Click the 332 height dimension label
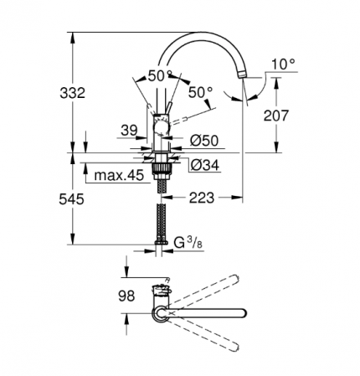tap(72, 93)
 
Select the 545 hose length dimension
tap(71, 199)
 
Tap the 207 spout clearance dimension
tap(276, 116)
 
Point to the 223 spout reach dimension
tap(202, 198)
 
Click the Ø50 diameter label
tap(204, 141)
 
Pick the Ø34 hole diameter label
tap(205, 165)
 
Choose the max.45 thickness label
tap(119, 175)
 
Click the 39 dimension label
tap(129, 131)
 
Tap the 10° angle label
tap(283, 64)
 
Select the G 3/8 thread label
tap(188, 243)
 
